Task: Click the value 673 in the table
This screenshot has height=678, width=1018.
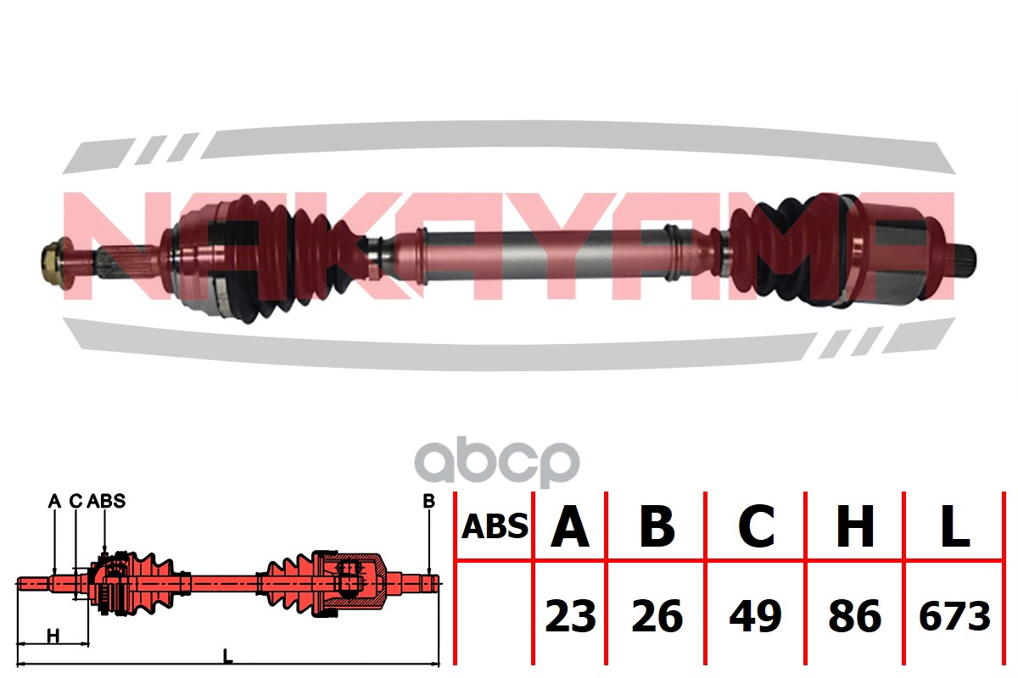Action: click(x=954, y=616)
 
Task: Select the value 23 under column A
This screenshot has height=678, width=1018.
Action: click(x=570, y=616)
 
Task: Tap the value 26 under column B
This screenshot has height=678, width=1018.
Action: click(x=657, y=616)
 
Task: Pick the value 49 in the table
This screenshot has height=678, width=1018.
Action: click(x=755, y=616)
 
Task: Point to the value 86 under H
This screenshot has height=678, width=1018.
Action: click(x=854, y=616)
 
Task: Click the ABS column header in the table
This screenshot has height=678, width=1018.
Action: click(x=495, y=527)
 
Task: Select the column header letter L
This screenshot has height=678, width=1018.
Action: click(x=954, y=527)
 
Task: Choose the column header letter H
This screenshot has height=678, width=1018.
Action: click(x=854, y=527)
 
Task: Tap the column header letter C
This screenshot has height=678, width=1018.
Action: click(x=755, y=527)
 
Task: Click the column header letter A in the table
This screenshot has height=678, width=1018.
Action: click(x=570, y=527)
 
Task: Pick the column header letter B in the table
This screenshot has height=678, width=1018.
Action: click(x=657, y=527)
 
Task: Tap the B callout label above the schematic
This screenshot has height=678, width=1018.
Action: click(x=428, y=501)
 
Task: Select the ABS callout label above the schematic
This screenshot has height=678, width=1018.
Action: click(x=106, y=501)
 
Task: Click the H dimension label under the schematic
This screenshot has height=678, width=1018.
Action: click(x=53, y=635)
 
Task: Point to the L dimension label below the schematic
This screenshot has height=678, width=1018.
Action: click(x=227, y=654)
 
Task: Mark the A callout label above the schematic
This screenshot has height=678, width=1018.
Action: click(x=54, y=501)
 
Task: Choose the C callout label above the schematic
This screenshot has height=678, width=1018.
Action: click(x=76, y=501)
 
